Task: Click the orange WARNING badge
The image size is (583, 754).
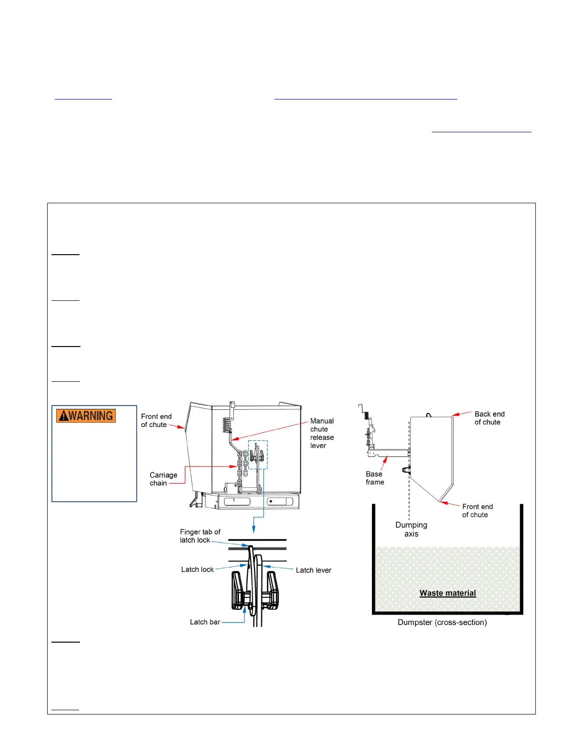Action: coord(86,416)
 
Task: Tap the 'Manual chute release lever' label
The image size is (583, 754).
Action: coord(322,433)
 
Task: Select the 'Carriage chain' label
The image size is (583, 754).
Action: coord(163,479)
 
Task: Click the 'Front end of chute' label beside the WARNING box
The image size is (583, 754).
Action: coord(156,420)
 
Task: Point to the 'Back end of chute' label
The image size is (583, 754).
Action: coord(489,418)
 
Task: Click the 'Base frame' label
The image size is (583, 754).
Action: coord(374,478)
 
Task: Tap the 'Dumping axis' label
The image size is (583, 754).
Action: coord(411,529)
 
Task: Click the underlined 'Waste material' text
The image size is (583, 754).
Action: coord(447,593)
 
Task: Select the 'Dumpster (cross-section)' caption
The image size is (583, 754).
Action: coord(442,622)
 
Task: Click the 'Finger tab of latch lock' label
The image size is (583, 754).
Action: coord(200,536)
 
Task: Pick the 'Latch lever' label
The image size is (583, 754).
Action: coord(313,570)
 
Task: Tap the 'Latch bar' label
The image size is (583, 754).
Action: coord(205,622)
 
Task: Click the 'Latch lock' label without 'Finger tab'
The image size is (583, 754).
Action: coord(197,569)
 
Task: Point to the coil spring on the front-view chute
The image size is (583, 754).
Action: coord(227,425)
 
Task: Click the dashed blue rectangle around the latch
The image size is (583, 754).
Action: coord(258,455)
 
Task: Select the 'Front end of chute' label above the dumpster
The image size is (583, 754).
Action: coord(477,511)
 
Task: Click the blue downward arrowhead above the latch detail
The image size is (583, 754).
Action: coord(254,529)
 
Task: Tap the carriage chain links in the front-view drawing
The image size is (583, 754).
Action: coord(241,464)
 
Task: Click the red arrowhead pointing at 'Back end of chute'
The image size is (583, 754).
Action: coord(455,415)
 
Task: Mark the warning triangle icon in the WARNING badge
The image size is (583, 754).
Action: coord(63,416)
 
